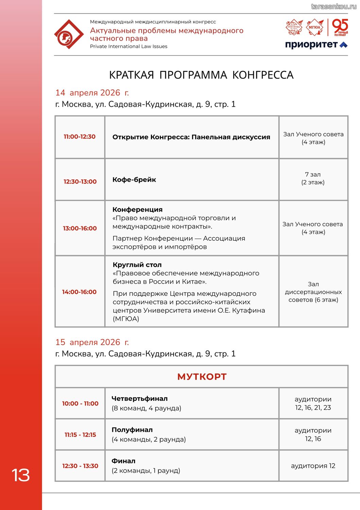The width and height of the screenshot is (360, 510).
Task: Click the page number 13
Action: click(x=21, y=475)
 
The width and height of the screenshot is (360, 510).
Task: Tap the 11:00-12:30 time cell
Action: click(x=80, y=137)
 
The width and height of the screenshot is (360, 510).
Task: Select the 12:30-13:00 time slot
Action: click(x=80, y=182)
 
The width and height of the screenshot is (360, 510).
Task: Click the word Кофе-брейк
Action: click(x=134, y=180)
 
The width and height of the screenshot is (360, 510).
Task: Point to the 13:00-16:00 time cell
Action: click(x=80, y=228)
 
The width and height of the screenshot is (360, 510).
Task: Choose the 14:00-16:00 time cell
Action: click(x=79, y=292)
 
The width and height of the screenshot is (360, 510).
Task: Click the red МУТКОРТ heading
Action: click(x=202, y=377)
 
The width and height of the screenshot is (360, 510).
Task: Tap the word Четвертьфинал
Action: click(x=139, y=398)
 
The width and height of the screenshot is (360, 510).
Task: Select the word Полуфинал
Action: click(x=132, y=430)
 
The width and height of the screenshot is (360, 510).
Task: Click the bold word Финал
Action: click(x=123, y=461)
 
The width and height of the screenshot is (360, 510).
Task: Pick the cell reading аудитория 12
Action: click(x=313, y=466)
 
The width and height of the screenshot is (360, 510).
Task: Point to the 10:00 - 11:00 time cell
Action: click(x=80, y=404)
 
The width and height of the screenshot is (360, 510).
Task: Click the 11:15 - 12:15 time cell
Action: click(x=80, y=435)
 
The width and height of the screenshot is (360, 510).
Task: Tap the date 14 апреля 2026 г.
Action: click(x=92, y=93)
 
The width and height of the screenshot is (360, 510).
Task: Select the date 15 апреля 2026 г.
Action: click(x=92, y=342)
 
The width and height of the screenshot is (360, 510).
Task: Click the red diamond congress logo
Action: click(x=69, y=34)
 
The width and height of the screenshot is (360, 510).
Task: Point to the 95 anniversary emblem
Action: click(x=340, y=27)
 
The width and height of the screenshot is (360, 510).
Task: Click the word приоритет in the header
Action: click(x=311, y=45)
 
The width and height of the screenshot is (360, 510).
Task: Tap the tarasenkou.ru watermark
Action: click(x=333, y=6)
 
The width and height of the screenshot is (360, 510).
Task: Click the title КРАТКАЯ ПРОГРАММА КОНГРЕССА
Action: click(x=201, y=75)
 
